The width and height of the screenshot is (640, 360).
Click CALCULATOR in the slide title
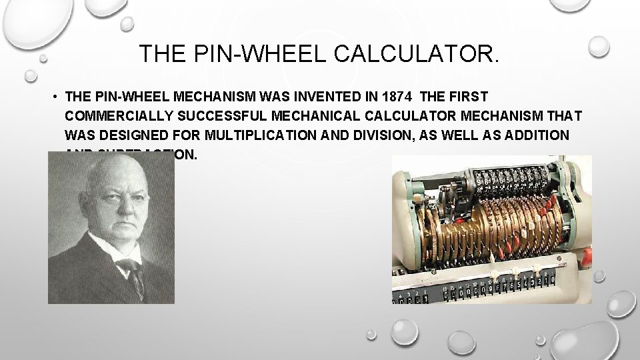click(x=415, y=53)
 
